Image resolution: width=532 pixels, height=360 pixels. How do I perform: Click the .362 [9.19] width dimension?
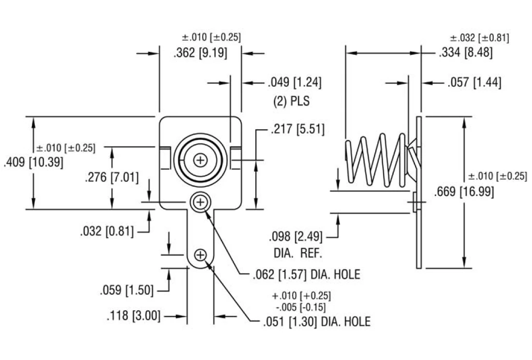click(x=200, y=54)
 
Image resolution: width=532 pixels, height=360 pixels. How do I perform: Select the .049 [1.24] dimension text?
click(x=295, y=83)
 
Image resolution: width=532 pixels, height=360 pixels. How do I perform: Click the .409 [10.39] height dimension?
click(x=33, y=163)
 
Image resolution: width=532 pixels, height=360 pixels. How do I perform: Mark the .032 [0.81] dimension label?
click(x=107, y=231)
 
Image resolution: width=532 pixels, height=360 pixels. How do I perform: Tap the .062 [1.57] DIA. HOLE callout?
click(x=306, y=274)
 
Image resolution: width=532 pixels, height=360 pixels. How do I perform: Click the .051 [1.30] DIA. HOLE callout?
click(x=316, y=321)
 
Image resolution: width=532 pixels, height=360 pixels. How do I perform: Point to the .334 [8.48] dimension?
click(x=465, y=54)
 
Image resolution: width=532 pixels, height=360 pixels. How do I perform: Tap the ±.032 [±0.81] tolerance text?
click(x=479, y=38)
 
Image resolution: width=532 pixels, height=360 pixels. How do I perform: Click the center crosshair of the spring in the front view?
click(x=200, y=160)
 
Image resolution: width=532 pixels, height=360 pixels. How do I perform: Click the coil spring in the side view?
click(x=377, y=160)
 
